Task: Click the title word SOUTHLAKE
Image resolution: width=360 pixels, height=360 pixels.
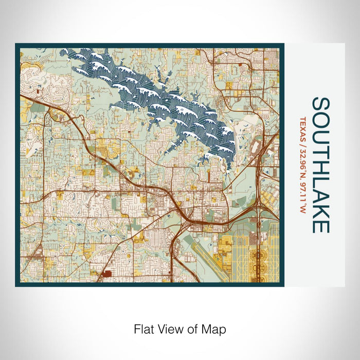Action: pyautogui.click(x=320, y=165)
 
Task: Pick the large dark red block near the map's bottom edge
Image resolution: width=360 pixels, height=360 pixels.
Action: pyautogui.click(x=107, y=274)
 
